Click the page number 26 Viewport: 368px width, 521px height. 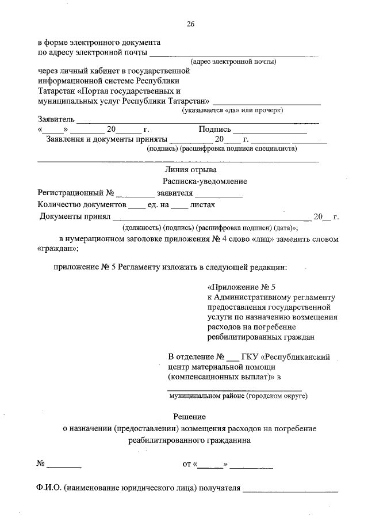click(190, 24)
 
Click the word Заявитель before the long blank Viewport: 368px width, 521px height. click(56, 119)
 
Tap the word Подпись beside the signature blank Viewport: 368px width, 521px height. click(214, 130)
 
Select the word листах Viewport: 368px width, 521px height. click(202, 204)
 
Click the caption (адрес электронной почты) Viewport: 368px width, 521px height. click(233, 61)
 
